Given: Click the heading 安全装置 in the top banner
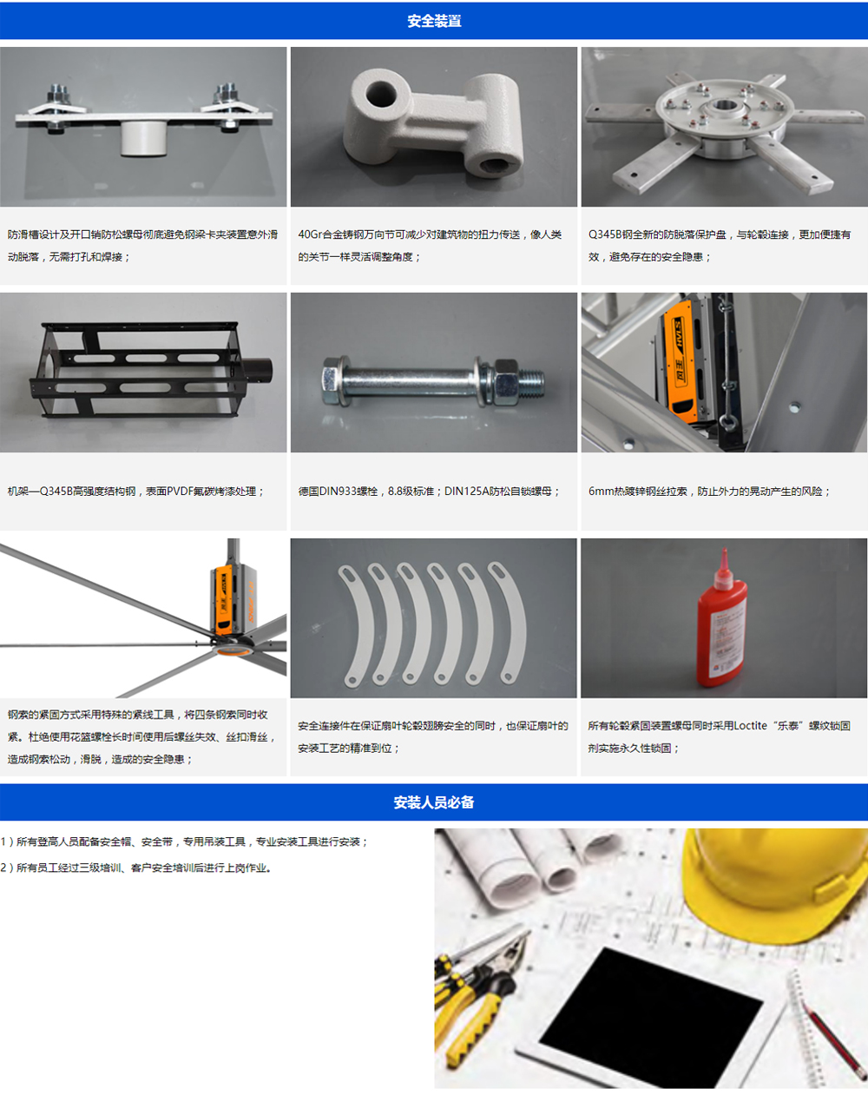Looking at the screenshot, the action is [434, 21].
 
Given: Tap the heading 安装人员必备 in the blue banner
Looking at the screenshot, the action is [434, 802].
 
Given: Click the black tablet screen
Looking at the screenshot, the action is [651, 1005].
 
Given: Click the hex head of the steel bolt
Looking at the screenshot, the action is [331, 379].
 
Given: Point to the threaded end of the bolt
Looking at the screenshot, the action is [531, 383].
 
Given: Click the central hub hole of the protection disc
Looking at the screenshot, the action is [723, 106].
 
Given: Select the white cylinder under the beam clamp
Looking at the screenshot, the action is [144, 138].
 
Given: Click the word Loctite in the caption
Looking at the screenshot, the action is [750, 726].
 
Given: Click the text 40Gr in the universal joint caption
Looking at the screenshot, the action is [311, 234].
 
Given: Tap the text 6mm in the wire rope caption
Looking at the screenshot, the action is [599, 492].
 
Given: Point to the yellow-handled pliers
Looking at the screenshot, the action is [476, 999].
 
